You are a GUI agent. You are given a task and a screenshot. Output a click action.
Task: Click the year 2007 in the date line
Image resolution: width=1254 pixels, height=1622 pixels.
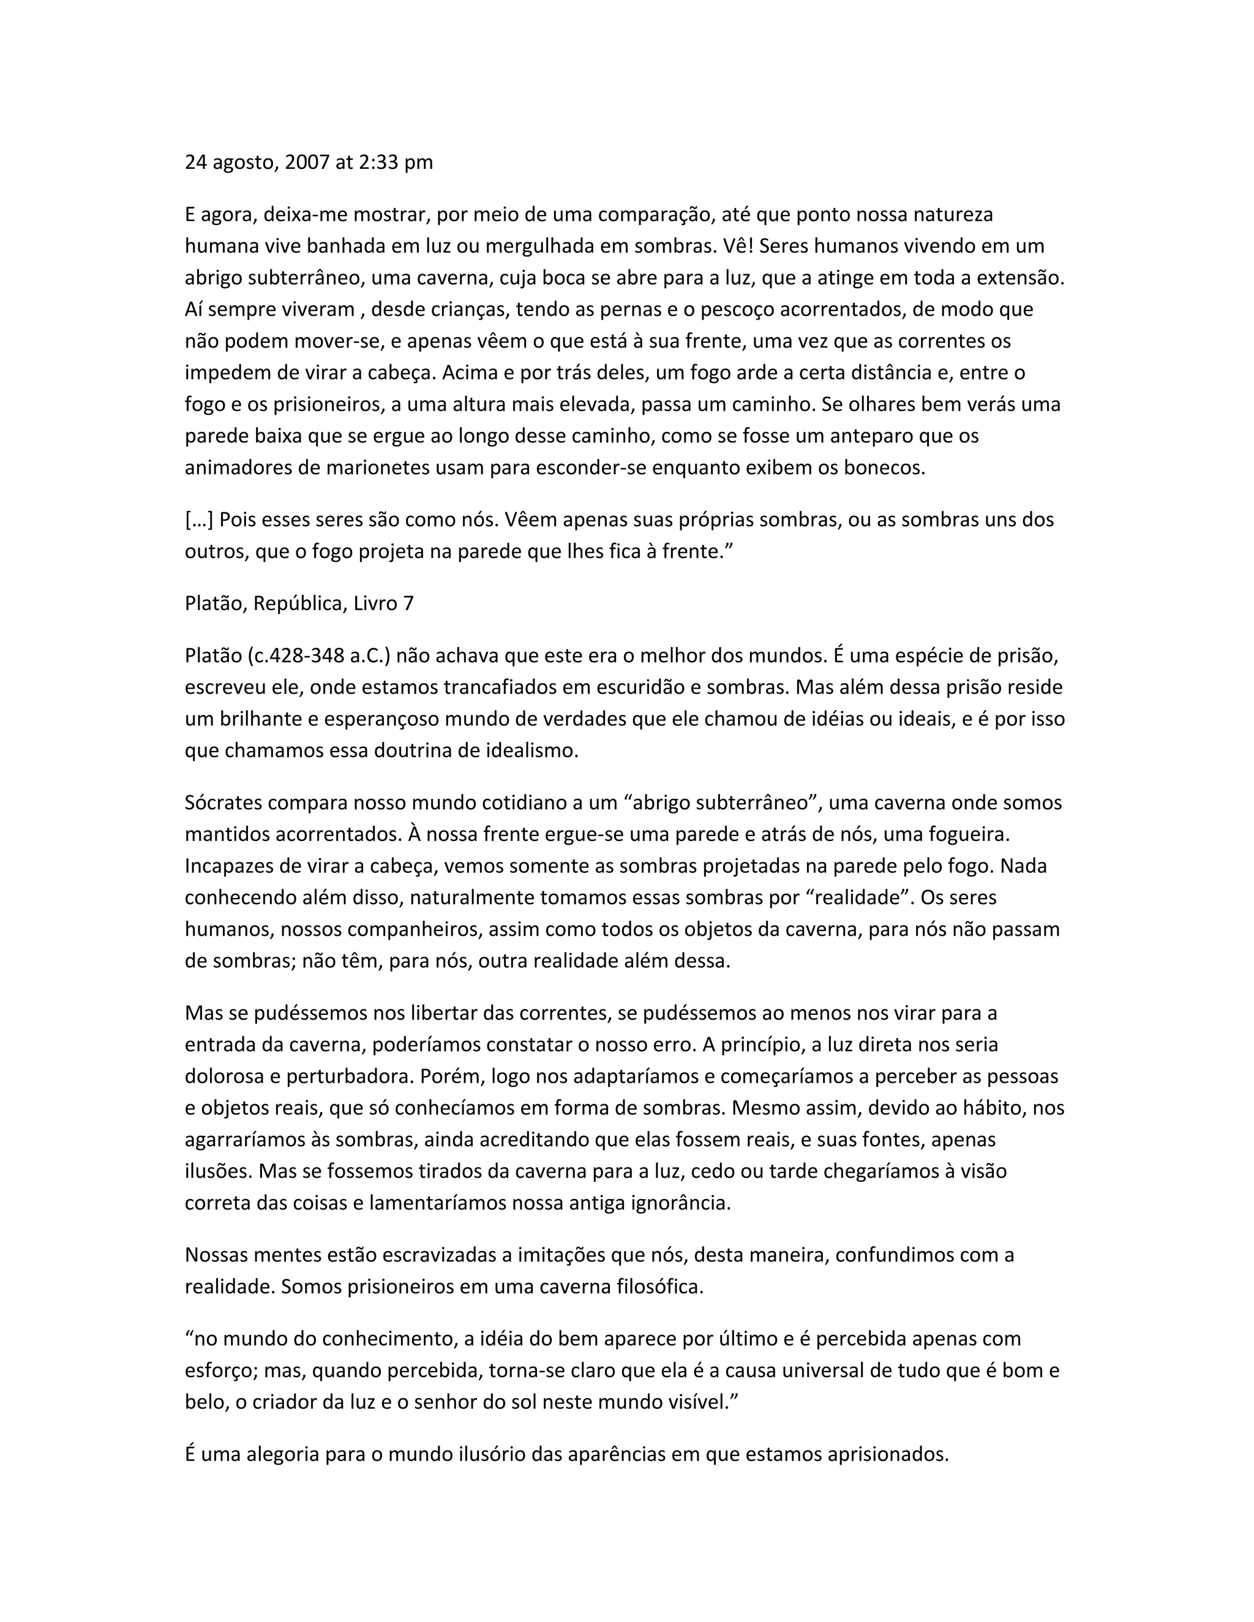[x=307, y=162]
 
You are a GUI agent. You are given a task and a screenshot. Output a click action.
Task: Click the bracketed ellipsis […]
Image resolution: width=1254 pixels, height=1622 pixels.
[x=199, y=520]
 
